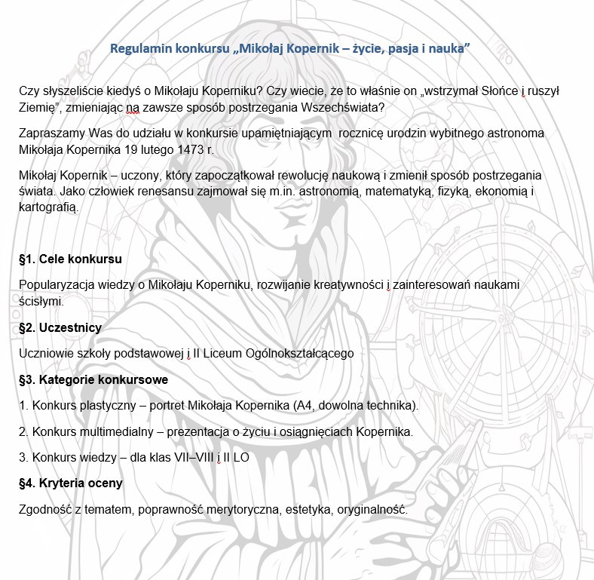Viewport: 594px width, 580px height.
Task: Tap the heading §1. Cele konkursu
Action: pos(70,259)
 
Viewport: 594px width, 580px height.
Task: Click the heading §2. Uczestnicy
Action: pos(60,328)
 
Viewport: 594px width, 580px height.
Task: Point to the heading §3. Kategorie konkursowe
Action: pos(93,379)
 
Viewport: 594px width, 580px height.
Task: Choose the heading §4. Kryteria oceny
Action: pos(71,483)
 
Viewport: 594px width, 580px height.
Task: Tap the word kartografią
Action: pos(49,207)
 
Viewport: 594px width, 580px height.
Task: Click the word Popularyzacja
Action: pos(57,285)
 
